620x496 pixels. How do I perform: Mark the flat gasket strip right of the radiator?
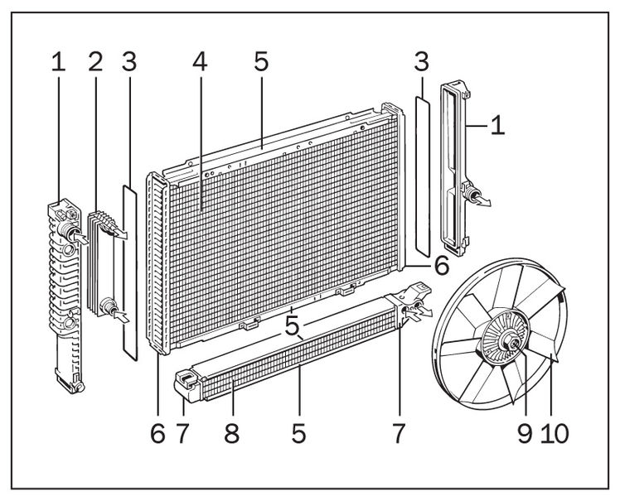coord(422,174)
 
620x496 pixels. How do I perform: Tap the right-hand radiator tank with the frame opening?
coord(454,166)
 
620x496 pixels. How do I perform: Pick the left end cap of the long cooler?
coord(187,385)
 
